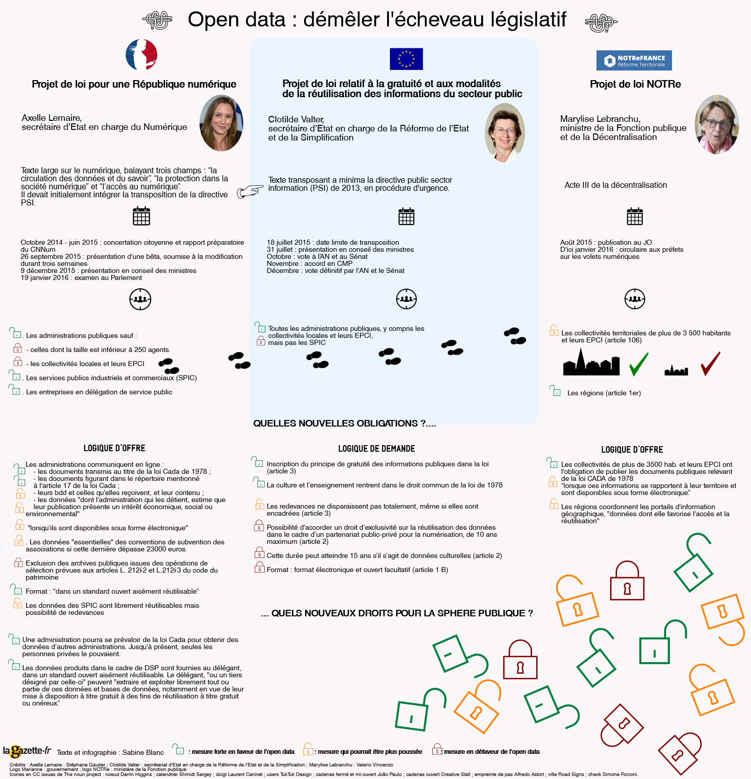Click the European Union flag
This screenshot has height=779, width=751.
pos(406,59)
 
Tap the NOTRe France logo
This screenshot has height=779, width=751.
pos(634,60)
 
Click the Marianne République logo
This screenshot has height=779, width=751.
pos(141,55)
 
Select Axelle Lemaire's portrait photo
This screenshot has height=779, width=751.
pos(221,123)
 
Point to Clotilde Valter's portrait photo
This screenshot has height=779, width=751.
pos(504,132)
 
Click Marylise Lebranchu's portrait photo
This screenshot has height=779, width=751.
pos(717,124)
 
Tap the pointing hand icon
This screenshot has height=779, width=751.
pos(250,191)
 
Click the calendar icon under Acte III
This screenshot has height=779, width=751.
pos(635,216)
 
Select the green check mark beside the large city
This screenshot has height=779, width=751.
pos(639,364)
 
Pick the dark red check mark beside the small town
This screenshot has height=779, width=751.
pos(710,364)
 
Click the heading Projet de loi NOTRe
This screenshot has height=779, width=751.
pos(635,84)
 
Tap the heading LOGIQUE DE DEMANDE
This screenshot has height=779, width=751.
pos(377,449)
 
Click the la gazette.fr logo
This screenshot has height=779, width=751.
pos(27,751)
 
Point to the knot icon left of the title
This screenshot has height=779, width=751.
pos(158,21)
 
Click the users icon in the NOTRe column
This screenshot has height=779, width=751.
pos(635,299)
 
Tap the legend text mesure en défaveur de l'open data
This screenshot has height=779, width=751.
pos(491,752)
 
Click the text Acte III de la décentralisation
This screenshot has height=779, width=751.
pos(616,185)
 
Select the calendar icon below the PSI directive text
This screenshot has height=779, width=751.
pos(406,216)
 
